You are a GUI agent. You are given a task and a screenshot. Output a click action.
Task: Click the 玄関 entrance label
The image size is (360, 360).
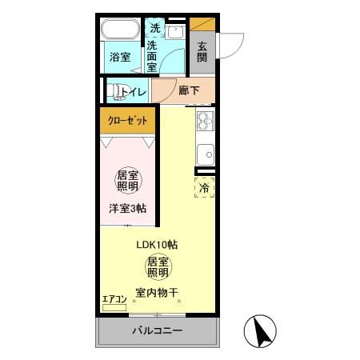pos(202,52)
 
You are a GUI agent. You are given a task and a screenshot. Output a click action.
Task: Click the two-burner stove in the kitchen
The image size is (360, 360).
pos(205,122)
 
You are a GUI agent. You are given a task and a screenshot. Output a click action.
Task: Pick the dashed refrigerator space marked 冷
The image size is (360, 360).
pos(205,189)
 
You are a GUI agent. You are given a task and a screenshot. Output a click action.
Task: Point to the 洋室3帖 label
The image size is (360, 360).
pos(128,209)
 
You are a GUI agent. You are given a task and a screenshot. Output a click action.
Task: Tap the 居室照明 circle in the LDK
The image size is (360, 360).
pos(157,267)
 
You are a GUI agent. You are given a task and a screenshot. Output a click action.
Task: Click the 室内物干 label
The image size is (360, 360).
pos(158,292)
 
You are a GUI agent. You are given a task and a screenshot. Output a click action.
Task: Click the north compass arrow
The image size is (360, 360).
pos(259,330)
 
